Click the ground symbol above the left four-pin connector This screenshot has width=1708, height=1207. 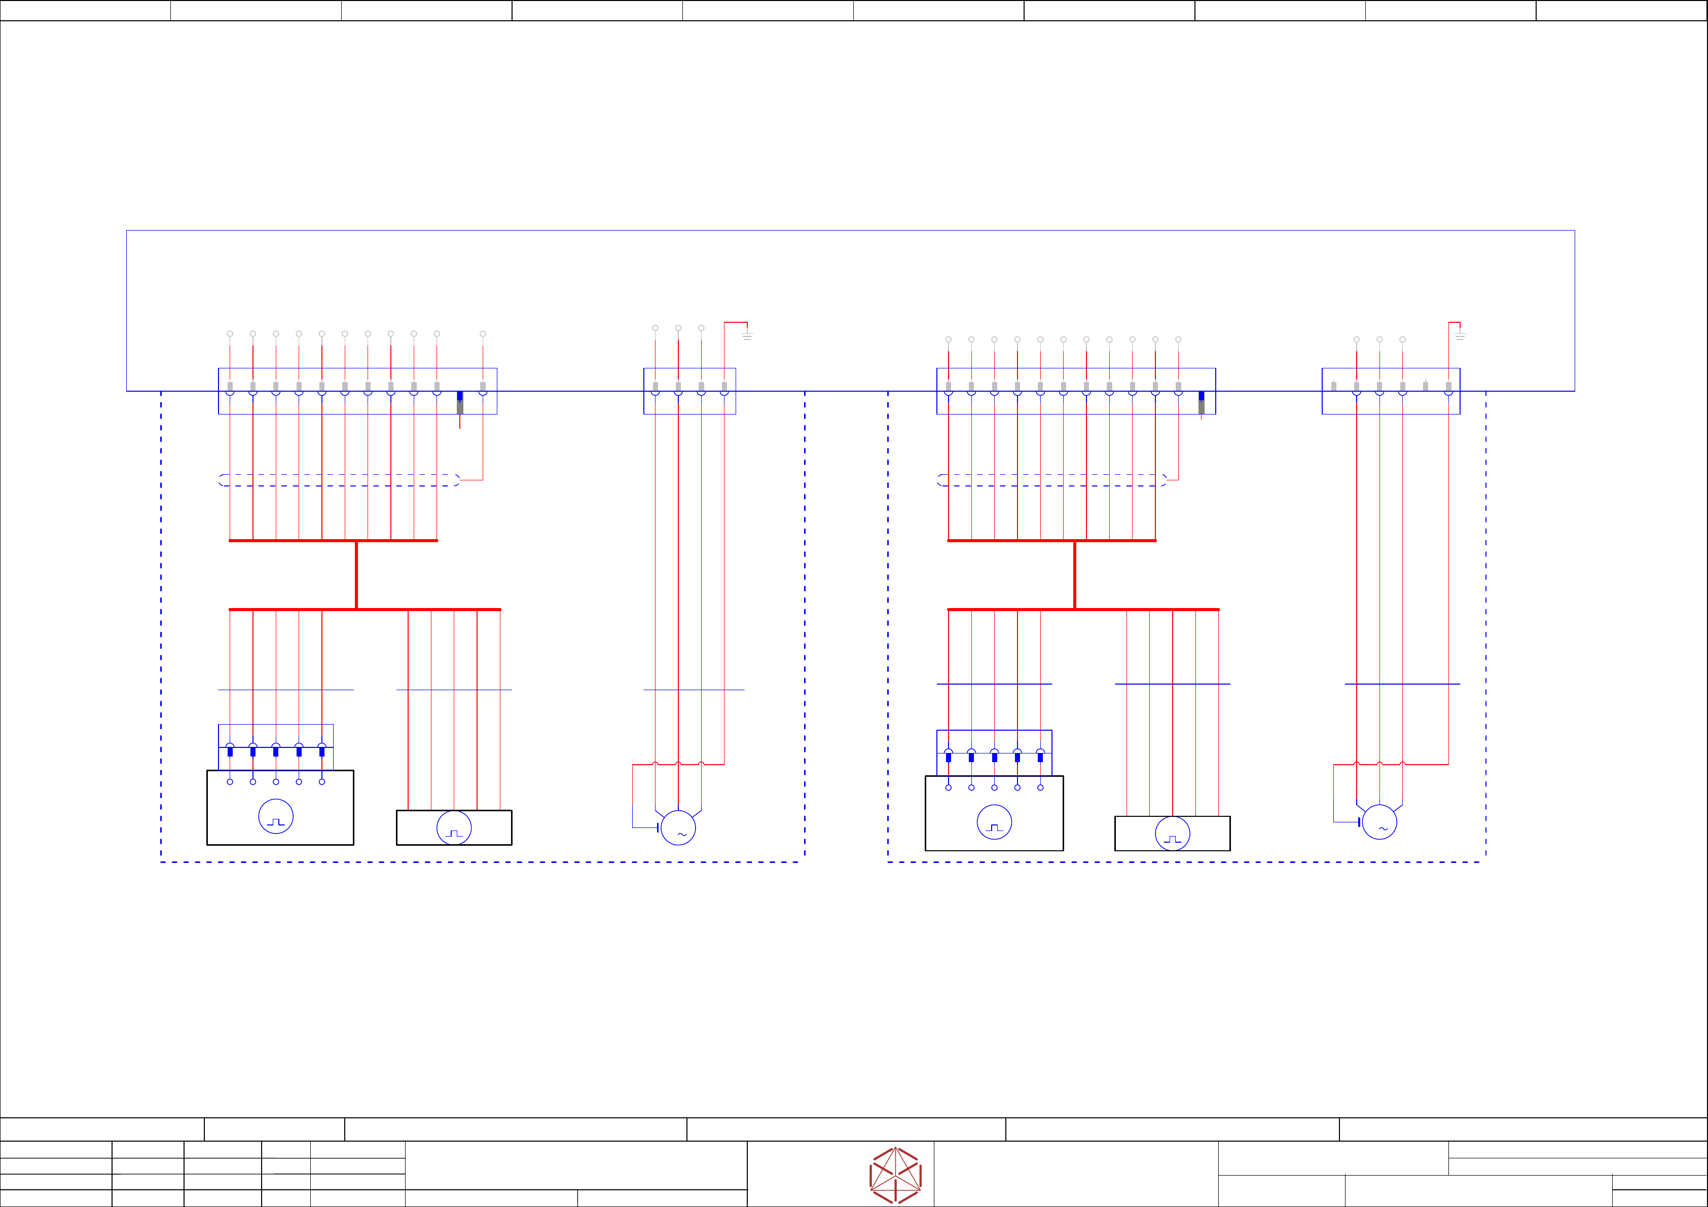coord(747,335)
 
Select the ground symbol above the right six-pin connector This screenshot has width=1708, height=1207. coord(1460,335)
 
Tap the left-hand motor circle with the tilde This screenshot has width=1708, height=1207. coord(678,827)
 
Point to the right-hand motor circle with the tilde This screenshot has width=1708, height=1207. coord(1379,822)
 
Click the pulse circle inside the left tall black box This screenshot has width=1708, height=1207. coord(276,816)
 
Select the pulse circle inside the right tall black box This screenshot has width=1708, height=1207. coord(994,822)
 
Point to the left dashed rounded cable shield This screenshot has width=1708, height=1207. coord(339,480)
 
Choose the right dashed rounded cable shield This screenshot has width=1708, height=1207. coord(1052,480)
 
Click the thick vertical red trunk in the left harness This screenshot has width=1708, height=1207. coord(356,575)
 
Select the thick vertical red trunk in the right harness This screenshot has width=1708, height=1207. coord(1075,575)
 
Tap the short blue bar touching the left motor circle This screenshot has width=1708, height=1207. coord(658,827)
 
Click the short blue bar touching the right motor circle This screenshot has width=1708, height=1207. coord(1359,822)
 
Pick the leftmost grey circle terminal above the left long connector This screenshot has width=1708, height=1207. coord(230,334)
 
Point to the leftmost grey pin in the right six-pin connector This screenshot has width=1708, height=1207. coord(1334,386)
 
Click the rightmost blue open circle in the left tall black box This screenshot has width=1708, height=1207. coord(322,782)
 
